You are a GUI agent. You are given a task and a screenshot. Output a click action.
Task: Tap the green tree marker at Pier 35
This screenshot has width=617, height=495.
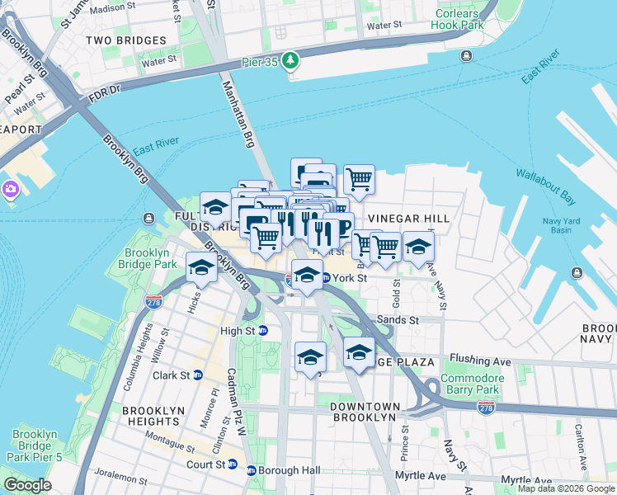pos(290,60)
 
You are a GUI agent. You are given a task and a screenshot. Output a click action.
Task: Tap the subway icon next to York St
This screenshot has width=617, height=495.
pos(326,278)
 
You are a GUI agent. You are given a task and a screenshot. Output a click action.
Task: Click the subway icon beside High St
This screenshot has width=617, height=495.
pos(263,331)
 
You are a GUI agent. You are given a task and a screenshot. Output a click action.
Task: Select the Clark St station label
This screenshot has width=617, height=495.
pos(177,375)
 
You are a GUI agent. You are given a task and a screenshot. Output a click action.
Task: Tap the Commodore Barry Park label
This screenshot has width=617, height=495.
pos(471,384)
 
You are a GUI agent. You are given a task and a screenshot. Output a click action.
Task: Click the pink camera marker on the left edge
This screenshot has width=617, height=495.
pos(10,189)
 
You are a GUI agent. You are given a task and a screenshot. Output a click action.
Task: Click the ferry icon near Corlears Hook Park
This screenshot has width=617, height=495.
pos(466,55)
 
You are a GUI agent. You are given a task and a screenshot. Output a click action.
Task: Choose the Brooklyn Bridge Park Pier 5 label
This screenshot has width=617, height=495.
pos(35,446)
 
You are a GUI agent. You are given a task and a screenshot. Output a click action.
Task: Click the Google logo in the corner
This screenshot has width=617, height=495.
pos(28,485)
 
